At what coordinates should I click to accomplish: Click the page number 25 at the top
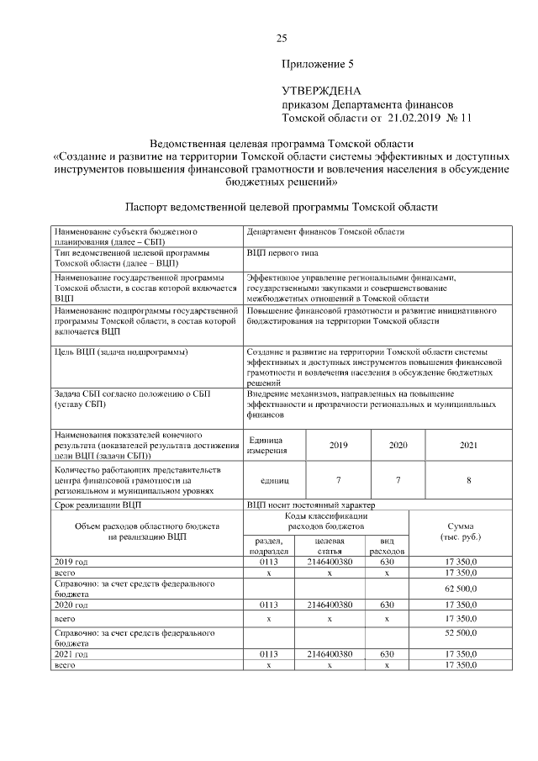pyautogui.click(x=282, y=38)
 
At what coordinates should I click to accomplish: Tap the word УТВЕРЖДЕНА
pyautogui.click(x=321, y=91)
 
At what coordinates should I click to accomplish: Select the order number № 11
pyautogui.click(x=462, y=118)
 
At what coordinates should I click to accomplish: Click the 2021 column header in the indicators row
pyautogui.click(x=468, y=445)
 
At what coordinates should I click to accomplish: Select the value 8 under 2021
pyautogui.click(x=468, y=480)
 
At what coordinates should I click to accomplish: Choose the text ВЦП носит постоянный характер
pyautogui.click(x=310, y=505)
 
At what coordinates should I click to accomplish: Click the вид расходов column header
pyautogui.click(x=387, y=545)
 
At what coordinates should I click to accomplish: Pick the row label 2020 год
pyautogui.click(x=71, y=604)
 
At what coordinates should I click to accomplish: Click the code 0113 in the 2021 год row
pyautogui.click(x=268, y=653)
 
